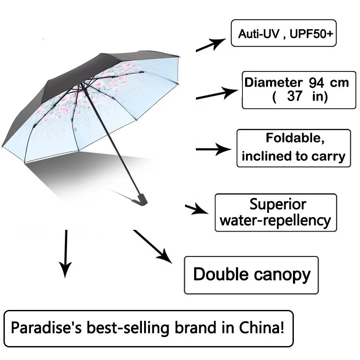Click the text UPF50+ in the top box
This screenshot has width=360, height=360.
pyautogui.click(x=311, y=34)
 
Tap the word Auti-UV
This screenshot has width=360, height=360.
pyautogui.click(x=259, y=34)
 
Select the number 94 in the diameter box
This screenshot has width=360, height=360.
pyautogui.click(x=316, y=83)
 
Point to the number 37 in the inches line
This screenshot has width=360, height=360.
pyautogui.click(x=295, y=96)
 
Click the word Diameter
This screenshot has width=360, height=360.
pyautogui.click(x=273, y=82)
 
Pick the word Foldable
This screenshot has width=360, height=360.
pyautogui.click(x=295, y=138)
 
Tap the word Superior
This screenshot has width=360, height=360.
pyautogui.click(x=278, y=204)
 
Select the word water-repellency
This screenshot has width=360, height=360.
pyautogui.click(x=276, y=221)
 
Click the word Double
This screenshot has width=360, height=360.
pyautogui.click(x=221, y=274)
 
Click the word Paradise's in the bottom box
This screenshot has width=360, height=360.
pyautogui.click(x=47, y=327)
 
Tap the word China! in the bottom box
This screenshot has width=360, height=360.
pyautogui.click(x=262, y=327)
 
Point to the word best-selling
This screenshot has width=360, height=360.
pyautogui.click(x=128, y=328)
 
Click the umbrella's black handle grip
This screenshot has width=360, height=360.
pyautogui.click(x=142, y=200)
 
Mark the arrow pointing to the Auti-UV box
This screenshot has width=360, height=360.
pyautogui.click(x=211, y=45)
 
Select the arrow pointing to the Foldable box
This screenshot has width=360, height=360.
pyautogui.click(x=214, y=149)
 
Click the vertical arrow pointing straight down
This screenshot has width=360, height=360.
pyautogui.click(x=66, y=254)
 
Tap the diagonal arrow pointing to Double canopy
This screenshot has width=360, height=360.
pyautogui.click(x=153, y=246)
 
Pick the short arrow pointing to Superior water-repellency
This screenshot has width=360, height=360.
pyautogui.click(x=196, y=209)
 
